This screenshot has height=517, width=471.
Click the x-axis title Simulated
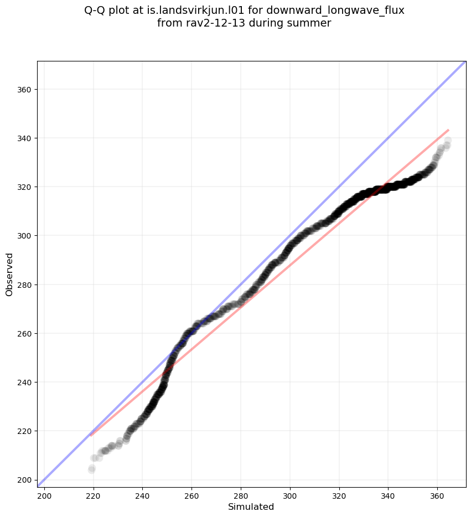click(x=251, y=506)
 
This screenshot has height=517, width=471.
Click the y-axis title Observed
click(x=9, y=274)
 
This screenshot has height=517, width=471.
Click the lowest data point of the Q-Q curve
click(x=91, y=469)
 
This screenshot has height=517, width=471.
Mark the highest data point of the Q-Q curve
click(x=447, y=141)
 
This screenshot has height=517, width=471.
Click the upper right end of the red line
click(x=448, y=130)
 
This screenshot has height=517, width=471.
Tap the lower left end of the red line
click(x=91, y=436)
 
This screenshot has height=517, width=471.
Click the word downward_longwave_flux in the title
click(x=335, y=11)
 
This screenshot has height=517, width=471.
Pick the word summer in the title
click(x=312, y=23)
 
